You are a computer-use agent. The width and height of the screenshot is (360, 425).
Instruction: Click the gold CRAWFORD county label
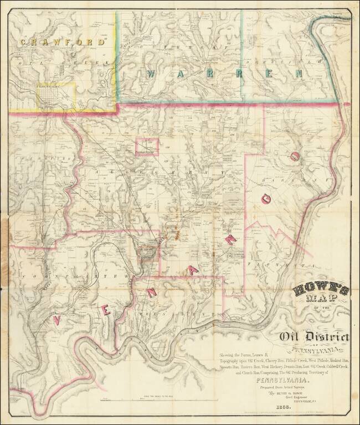(x=62, y=41)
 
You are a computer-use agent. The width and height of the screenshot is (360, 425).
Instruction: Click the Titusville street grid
(x=55, y=96)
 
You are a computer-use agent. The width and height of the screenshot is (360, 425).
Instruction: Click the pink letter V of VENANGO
(x=57, y=319)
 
